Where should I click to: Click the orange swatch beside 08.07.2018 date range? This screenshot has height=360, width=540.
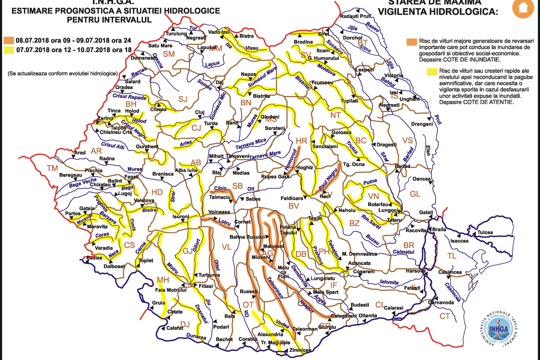(x=9, y=40)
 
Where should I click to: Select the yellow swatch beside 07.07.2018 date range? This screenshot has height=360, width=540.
(x=9, y=50)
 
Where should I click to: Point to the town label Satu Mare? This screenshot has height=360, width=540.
(x=160, y=46)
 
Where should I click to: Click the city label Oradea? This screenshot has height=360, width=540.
(x=124, y=87)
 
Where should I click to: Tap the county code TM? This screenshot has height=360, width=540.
(x=52, y=168)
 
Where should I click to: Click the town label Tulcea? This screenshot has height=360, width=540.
(x=485, y=232)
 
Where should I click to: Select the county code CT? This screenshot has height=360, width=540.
(x=444, y=316)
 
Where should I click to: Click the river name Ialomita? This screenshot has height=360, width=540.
(x=389, y=282)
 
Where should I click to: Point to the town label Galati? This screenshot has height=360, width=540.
(x=426, y=213)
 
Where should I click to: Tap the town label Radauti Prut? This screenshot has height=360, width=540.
(x=355, y=16)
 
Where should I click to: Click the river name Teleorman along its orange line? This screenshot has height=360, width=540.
(x=275, y=287)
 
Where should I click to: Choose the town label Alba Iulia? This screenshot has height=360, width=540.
(x=186, y=170)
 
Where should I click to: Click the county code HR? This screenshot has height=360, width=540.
(x=301, y=141)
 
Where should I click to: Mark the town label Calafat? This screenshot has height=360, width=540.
(x=175, y=328)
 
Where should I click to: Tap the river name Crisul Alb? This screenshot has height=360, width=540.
(x=112, y=146)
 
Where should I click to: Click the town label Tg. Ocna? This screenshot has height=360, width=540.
(x=354, y=164)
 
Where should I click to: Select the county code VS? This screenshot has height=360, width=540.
(x=407, y=141)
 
